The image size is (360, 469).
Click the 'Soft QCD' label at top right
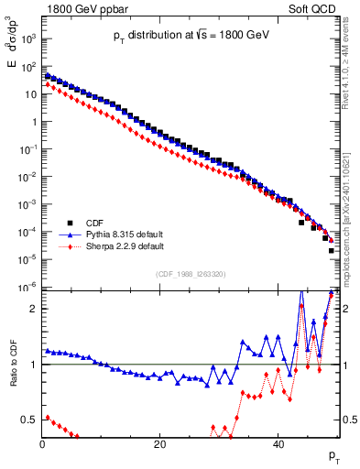pyautogui.click(x=313, y=6)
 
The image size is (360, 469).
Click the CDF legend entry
pyautogui.click(x=95, y=222)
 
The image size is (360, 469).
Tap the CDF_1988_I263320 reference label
pyautogui.click(x=189, y=274)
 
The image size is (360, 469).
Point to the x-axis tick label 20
pyautogui.click(x=160, y=443)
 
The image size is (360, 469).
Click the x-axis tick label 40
pyautogui.click(x=278, y=443)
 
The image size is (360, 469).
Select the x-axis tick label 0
pyautogui.click(x=42, y=443)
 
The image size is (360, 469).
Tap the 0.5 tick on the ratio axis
pyautogui.click(x=29, y=420)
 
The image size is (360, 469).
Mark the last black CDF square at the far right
pyautogui.click(x=332, y=250)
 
